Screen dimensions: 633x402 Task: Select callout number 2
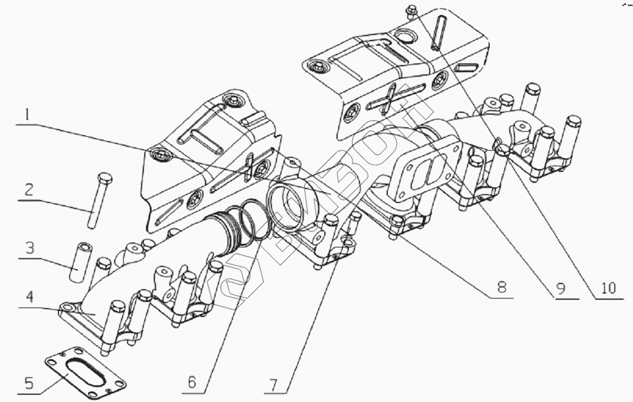click(28, 189)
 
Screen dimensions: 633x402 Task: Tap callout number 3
click(28, 248)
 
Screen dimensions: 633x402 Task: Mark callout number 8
click(501, 287)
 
